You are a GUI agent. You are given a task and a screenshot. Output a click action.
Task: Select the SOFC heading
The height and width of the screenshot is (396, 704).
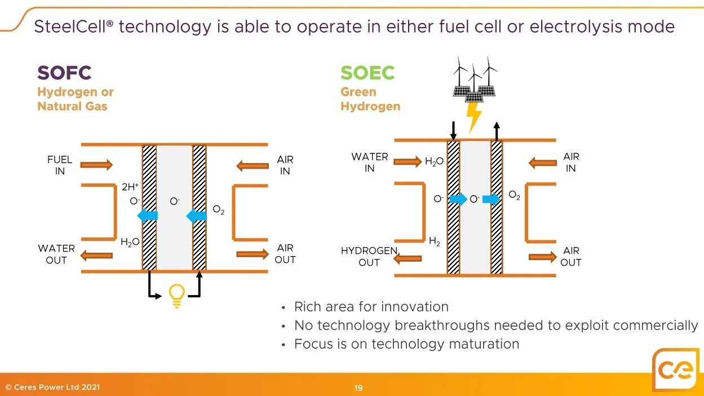click(64, 73)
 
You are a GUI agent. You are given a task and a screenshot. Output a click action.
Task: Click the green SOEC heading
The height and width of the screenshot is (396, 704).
click(368, 73)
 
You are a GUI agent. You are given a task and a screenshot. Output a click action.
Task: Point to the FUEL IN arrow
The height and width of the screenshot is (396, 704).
click(96, 165)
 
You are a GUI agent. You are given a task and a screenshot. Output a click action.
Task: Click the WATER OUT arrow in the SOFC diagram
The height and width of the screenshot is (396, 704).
click(96, 256)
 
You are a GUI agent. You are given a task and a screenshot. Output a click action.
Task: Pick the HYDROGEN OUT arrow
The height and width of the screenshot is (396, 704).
click(408, 259)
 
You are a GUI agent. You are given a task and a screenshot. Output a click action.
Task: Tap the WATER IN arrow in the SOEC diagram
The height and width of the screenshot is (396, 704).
click(408, 162)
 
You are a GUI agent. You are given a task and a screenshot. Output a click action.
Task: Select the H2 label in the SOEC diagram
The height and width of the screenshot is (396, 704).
click(435, 241)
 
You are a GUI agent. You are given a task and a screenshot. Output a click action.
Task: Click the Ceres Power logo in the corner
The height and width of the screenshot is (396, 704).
click(677, 371)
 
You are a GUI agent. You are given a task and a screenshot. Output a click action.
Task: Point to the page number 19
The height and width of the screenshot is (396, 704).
click(358, 388)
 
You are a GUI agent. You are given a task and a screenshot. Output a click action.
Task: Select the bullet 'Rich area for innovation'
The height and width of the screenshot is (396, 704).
click(371, 307)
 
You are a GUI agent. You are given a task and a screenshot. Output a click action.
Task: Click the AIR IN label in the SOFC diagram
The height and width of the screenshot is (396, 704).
click(285, 165)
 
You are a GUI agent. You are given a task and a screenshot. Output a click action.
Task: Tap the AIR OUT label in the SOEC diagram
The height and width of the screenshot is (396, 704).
click(570, 257)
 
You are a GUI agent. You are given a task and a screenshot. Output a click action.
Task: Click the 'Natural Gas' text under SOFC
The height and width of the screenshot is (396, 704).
click(72, 106)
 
